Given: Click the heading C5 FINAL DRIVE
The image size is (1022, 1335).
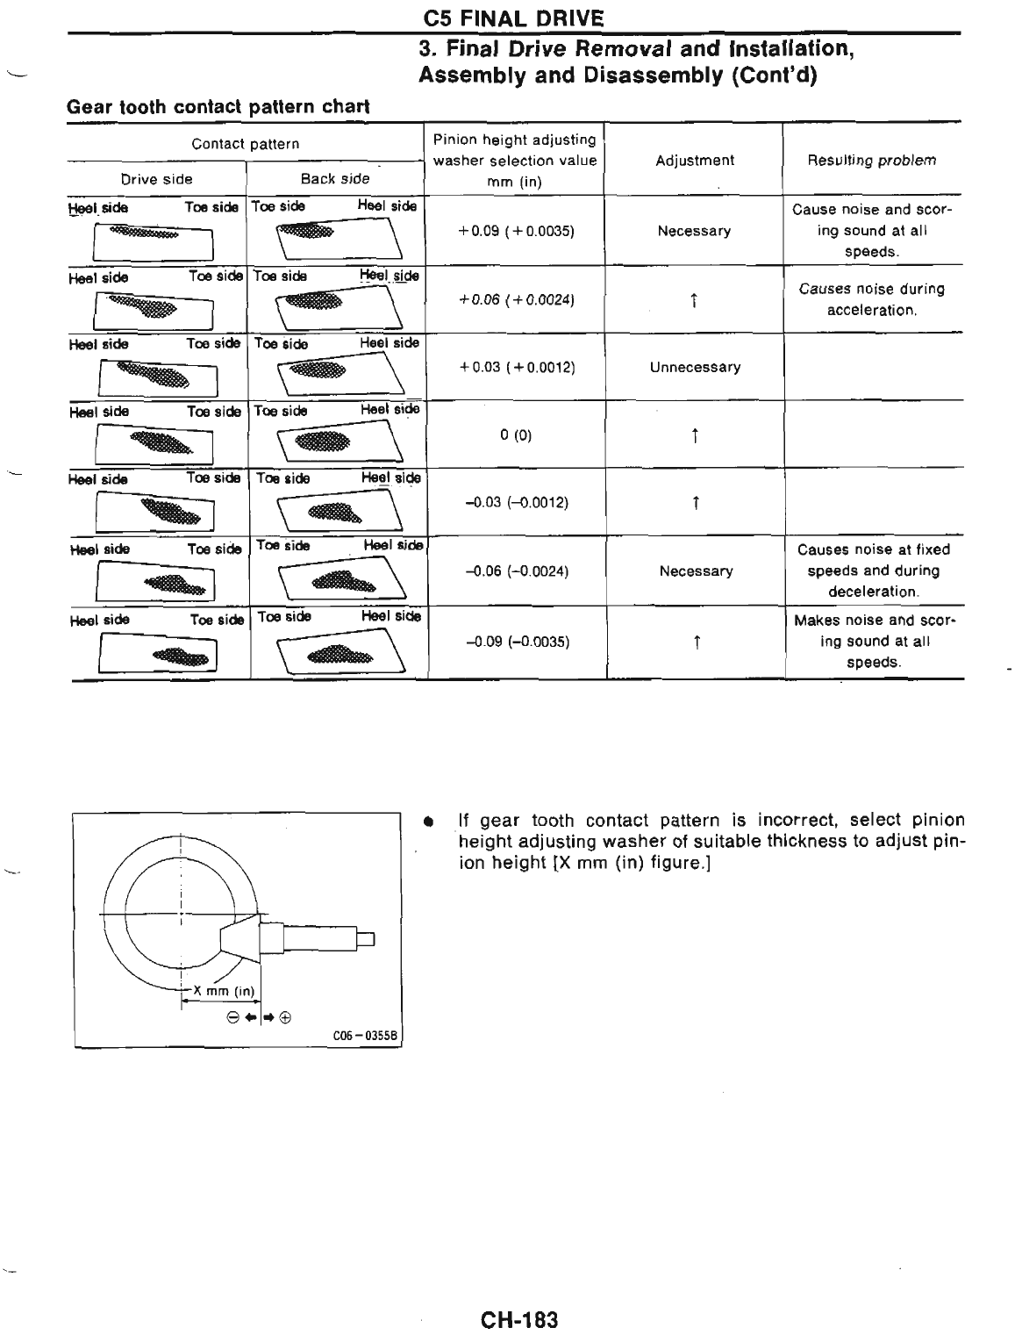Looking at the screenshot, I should pos(513,18).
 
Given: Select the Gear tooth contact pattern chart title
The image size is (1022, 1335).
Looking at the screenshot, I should pos(218,107).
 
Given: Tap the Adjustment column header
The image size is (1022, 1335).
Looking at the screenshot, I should pos(695,161).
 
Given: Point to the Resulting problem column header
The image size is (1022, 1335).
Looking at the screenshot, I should pos(871,161).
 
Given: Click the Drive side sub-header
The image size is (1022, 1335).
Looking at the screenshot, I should pos(156,179).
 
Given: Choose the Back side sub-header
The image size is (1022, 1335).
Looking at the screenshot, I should pos(335,179).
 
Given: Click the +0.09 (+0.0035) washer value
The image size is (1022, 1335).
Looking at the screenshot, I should pos(516,232).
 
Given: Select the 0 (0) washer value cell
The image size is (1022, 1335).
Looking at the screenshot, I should pos(516,435).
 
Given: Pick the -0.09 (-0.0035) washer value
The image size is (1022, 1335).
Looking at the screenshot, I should pos(517,642).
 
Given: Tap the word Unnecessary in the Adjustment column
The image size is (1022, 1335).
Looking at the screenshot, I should pos(695,368).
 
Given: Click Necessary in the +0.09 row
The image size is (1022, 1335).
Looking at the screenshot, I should pos(694,232).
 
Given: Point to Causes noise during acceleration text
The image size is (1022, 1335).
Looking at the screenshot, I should pos(871,299).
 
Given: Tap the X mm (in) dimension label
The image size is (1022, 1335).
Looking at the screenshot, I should pos(224,991).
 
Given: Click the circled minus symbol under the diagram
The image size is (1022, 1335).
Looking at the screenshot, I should pos(232,1018).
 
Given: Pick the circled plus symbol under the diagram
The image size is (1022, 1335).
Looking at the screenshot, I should pos(285,1018).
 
